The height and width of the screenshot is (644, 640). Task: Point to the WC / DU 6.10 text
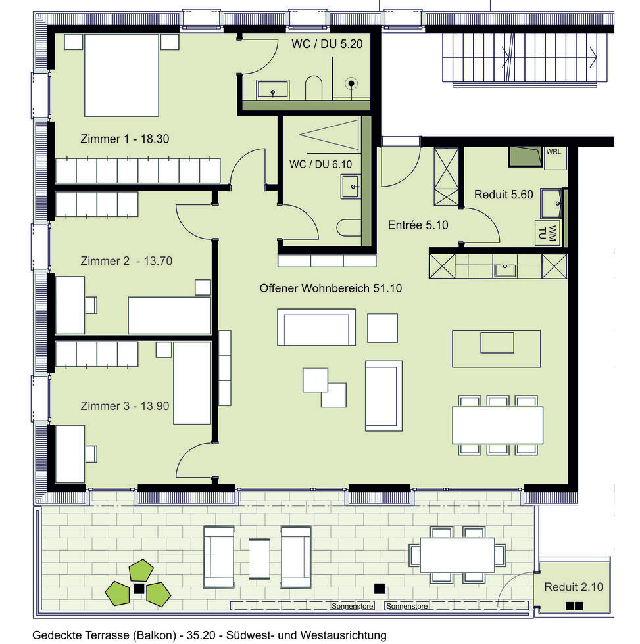(x=319, y=164)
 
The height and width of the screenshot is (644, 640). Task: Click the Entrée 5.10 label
(x=418, y=225)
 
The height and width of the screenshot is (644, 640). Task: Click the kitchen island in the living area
(x=497, y=348)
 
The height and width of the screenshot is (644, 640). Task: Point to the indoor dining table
(x=497, y=425)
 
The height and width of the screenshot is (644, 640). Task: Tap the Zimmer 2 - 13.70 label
(x=126, y=260)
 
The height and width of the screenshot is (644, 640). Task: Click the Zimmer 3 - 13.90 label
(x=125, y=405)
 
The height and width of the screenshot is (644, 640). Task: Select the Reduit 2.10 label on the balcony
(x=574, y=587)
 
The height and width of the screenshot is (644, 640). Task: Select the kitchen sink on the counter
(x=505, y=269)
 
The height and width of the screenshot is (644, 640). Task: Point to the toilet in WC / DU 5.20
(x=314, y=88)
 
